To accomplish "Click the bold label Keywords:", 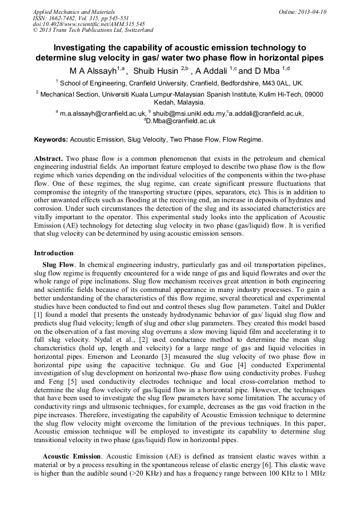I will tap(51, 140).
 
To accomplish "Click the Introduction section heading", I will tap(54, 253).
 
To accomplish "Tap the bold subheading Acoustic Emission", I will tap(72, 456).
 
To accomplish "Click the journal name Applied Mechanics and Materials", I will tap(73, 12).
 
